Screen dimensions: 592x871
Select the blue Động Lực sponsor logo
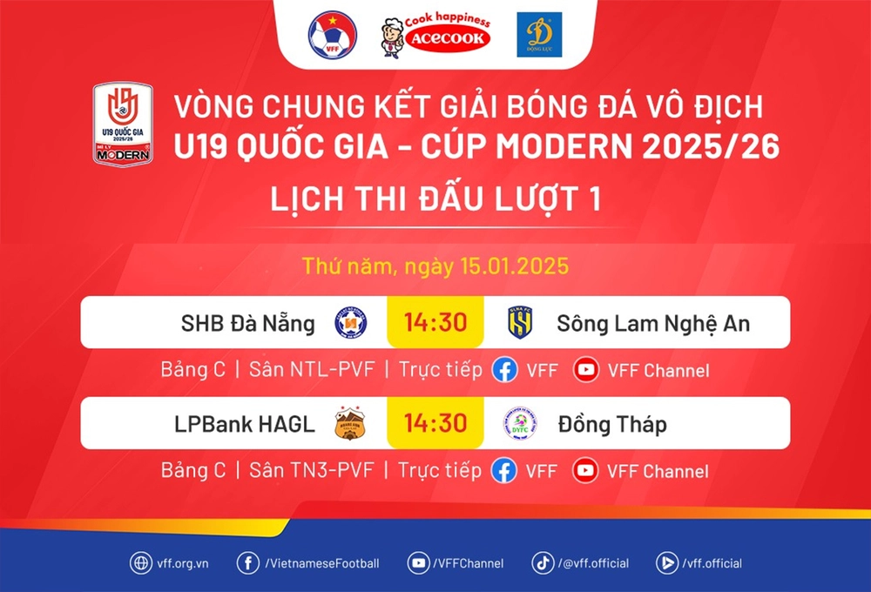[539, 35]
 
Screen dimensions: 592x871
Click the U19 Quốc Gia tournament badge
[123, 124]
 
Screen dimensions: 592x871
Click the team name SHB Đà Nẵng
[248, 324]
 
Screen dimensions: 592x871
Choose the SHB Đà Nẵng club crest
[351, 323]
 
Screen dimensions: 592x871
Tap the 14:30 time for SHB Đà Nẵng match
[435, 323]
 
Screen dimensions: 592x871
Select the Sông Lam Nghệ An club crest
[520, 323]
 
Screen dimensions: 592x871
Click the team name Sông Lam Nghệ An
[653, 324]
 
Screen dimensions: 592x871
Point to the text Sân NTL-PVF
[312, 370]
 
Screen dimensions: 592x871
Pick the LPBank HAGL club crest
[351, 424]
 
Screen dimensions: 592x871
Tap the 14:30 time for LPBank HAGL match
[435, 424]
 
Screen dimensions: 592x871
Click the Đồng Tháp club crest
[520, 424]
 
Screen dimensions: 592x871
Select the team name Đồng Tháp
[612, 425]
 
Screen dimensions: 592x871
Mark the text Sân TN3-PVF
[312, 471]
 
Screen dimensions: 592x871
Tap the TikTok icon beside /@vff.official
[543, 563]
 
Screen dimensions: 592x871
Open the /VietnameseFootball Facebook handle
[321, 563]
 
